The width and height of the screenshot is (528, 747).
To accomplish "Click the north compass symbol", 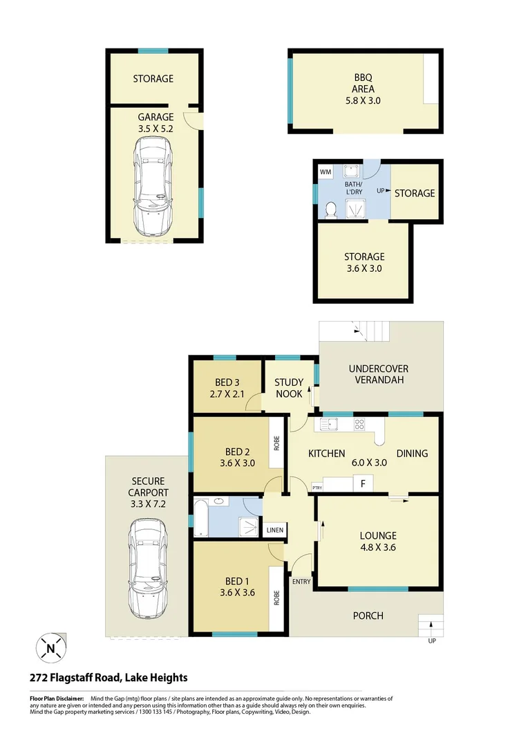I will (x=51, y=649).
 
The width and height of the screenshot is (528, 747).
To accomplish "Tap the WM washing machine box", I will (x=326, y=172).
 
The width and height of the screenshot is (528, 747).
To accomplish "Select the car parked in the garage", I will (x=154, y=185).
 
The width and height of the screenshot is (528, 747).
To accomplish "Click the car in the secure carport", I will (x=149, y=569).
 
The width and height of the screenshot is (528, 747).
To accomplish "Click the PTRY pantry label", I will (x=318, y=487).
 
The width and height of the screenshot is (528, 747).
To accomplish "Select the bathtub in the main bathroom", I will (x=200, y=517).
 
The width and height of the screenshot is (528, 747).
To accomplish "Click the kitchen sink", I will (x=330, y=425).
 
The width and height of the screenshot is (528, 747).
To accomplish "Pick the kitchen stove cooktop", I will (x=359, y=425).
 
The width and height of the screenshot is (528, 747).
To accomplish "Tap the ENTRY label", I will (x=301, y=582).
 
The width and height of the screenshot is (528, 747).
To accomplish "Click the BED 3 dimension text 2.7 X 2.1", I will (x=227, y=394).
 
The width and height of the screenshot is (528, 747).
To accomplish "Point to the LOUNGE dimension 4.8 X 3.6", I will (x=377, y=547).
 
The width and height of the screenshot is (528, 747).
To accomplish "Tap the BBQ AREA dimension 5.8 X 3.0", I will (x=364, y=100).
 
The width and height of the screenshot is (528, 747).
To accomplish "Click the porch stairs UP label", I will (x=433, y=641).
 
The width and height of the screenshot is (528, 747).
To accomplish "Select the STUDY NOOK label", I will (x=289, y=388).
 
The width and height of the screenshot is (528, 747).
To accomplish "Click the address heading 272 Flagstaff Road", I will (x=108, y=678).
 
